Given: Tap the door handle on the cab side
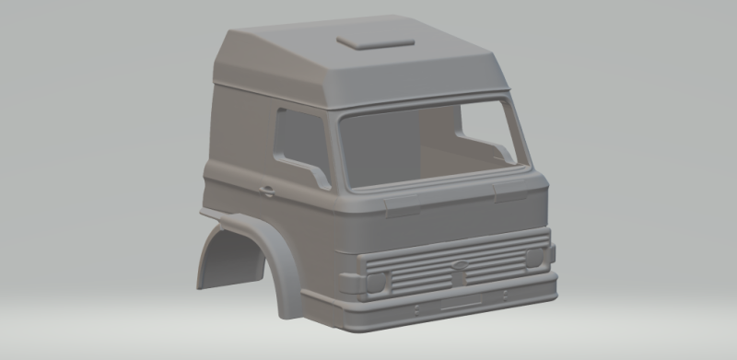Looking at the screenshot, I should (266, 192).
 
